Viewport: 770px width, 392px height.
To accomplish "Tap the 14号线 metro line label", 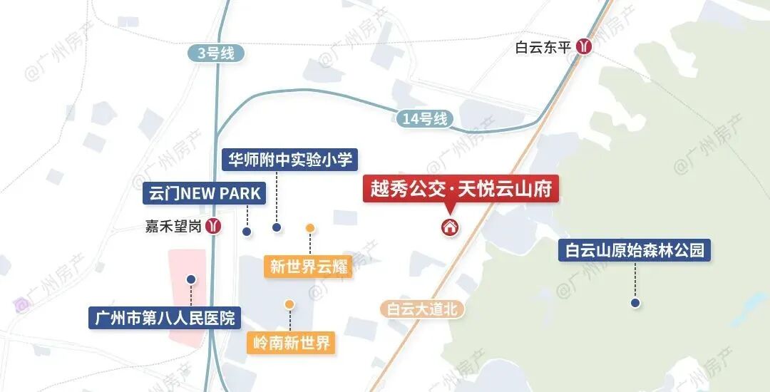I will point(424,118).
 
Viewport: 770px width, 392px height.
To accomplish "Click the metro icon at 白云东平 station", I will point(585,47).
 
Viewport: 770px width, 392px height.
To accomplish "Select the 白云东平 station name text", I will point(543,48).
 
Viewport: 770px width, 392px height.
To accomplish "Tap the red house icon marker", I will point(450,227).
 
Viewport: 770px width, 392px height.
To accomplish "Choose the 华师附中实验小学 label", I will point(289,159).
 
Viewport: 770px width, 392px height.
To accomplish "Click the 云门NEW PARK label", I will point(205,192).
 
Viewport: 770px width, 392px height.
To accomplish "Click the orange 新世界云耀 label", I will point(309,267).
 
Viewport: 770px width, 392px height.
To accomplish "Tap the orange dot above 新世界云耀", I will point(310,228).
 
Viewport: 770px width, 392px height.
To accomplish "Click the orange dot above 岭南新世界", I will point(289,304).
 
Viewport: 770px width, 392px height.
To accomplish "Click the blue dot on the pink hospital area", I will point(190,279).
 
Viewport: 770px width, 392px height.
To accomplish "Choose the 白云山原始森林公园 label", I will point(635,250).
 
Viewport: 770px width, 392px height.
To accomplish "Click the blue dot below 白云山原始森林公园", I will point(635,303).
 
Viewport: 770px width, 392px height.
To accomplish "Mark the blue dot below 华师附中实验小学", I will point(277,227).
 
